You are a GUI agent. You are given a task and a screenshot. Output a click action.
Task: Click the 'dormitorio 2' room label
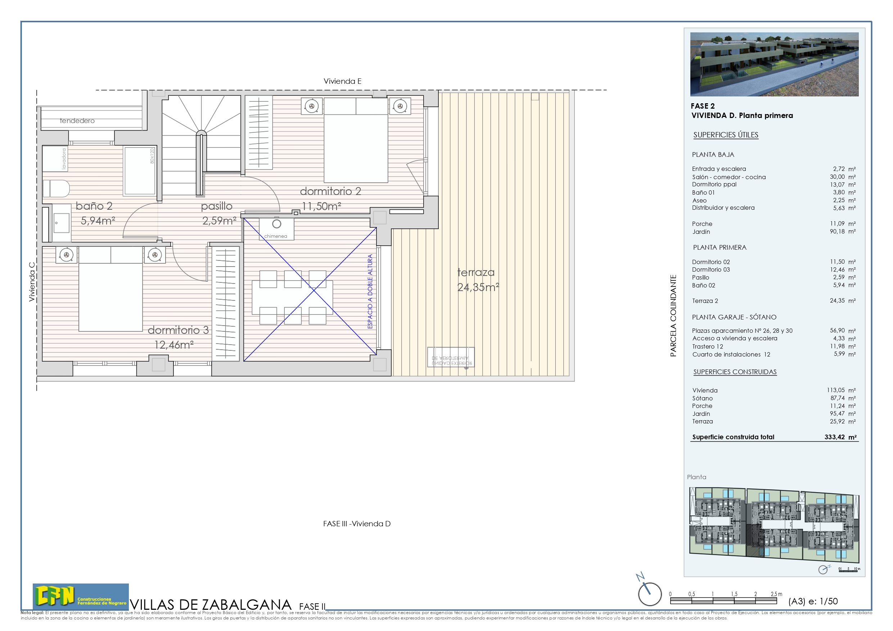click(x=330, y=191)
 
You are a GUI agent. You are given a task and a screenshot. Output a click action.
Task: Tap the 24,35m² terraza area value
click(x=478, y=287)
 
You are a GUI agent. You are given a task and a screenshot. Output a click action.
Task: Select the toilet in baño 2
click(x=57, y=189)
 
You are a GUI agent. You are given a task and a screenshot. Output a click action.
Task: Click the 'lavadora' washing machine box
click(x=54, y=158)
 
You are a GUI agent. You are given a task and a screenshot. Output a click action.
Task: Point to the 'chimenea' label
click(x=275, y=236)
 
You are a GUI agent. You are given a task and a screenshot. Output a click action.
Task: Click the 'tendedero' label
click(x=77, y=121)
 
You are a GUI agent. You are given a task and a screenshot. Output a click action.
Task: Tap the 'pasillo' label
click(x=217, y=206)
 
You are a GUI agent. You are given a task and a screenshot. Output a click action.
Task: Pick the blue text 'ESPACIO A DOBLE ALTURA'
click(x=370, y=292)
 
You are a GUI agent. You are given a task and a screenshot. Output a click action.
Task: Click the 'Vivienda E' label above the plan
click(x=342, y=81)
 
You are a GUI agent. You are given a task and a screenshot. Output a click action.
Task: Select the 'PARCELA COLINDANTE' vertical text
click(x=673, y=316)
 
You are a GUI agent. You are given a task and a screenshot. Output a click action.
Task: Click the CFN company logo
click(x=81, y=596)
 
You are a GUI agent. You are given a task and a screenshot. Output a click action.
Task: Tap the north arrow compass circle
click(x=650, y=594)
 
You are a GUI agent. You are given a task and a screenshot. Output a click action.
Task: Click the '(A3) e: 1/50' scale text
click(x=813, y=602)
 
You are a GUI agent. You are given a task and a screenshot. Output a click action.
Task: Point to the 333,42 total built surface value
click(x=835, y=437)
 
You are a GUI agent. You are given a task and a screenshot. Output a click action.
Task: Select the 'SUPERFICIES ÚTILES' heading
click(x=726, y=135)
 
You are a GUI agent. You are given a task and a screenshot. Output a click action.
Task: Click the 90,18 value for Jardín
click(x=837, y=231)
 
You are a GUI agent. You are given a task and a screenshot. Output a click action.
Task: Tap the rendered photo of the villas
click(x=774, y=64)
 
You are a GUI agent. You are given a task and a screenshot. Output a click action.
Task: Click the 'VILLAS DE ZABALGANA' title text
click(x=211, y=605)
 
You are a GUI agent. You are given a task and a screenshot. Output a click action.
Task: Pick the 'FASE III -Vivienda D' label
click(x=357, y=524)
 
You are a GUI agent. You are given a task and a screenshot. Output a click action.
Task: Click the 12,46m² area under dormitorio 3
click(x=174, y=345)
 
